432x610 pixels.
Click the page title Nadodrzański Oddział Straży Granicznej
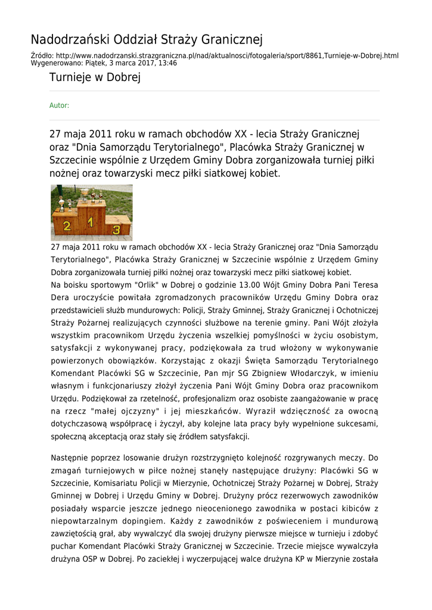(147, 40)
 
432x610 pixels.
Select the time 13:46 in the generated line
(167, 63)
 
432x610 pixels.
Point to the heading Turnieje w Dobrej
(95, 78)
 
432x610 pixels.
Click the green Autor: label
(59, 105)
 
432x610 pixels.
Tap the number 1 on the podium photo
(91, 222)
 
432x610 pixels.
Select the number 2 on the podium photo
(66, 226)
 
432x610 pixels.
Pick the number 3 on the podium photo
(117, 229)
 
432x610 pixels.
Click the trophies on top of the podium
(89, 195)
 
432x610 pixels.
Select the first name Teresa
(363, 285)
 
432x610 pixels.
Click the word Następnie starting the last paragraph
(73, 458)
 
